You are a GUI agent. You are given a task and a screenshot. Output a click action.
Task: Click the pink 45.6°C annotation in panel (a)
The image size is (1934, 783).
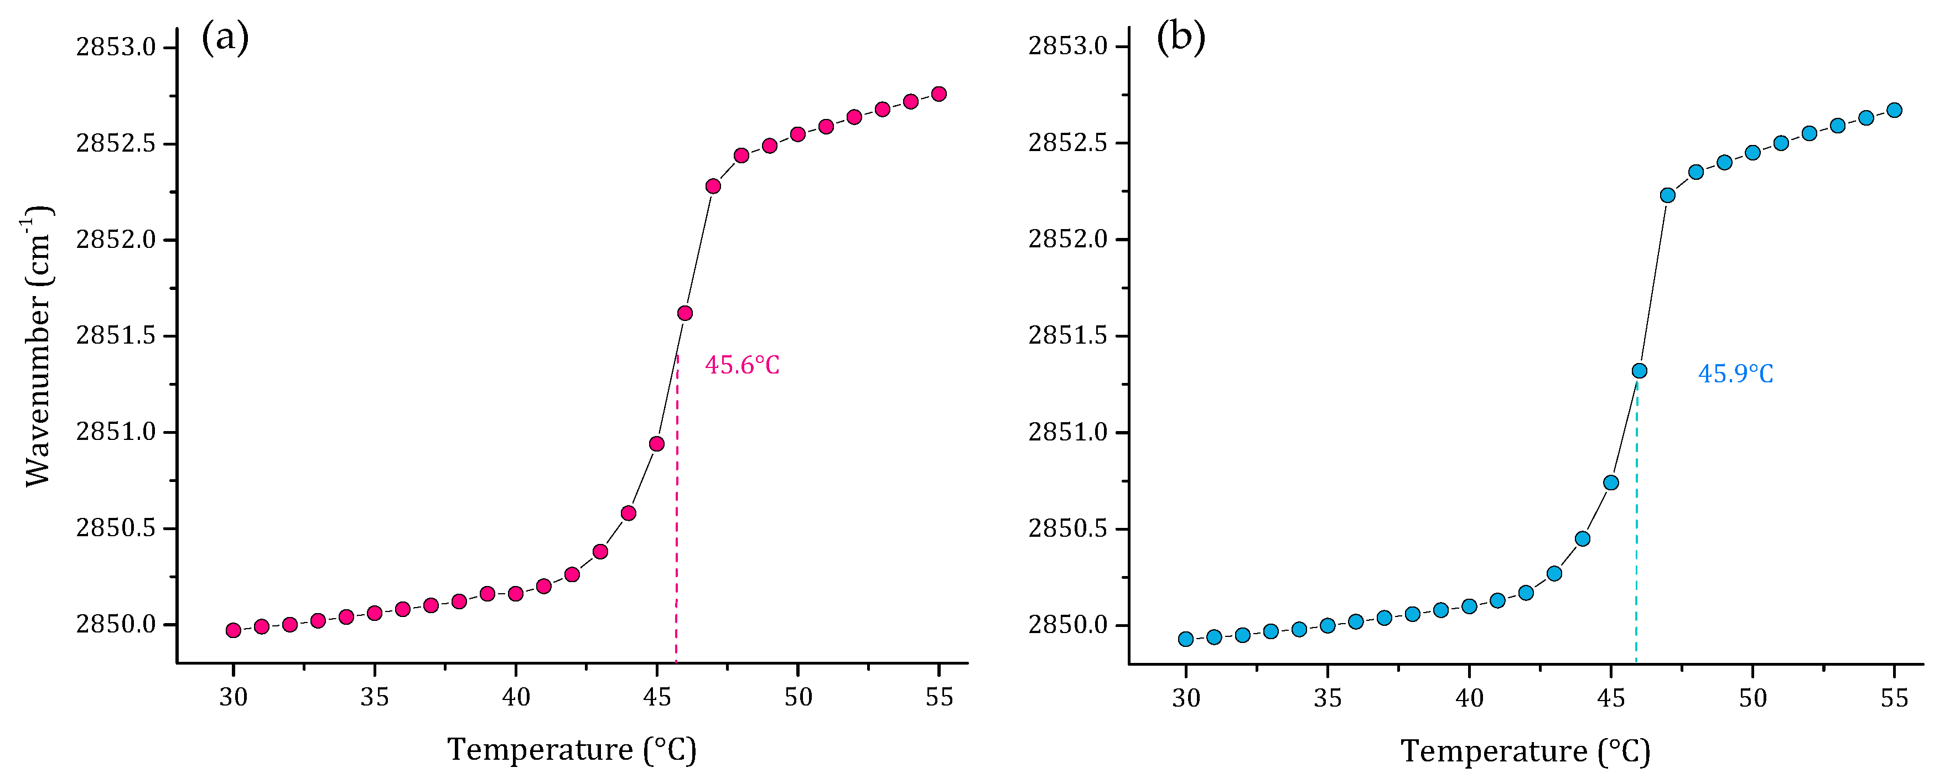[x=742, y=366]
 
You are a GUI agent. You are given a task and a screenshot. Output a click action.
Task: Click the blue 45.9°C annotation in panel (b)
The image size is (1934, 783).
[x=1735, y=374]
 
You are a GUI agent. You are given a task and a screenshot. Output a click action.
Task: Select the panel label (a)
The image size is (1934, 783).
[x=225, y=38]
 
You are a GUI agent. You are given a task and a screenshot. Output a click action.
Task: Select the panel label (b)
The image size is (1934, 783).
[x=1180, y=38]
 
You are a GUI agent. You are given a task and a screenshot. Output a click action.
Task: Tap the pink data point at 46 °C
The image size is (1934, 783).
[x=685, y=313]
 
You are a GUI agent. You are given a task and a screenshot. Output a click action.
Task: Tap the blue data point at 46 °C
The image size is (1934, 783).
[x=1640, y=371]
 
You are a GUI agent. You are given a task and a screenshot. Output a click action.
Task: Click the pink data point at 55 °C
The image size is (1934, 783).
[x=939, y=94]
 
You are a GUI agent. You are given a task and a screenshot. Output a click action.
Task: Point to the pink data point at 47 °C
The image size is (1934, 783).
[x=713, y=186]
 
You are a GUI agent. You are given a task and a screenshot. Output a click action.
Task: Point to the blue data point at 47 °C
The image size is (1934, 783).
[x=1667, y=195]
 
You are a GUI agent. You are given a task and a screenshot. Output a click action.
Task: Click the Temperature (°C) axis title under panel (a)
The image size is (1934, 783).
[x=572, y=750]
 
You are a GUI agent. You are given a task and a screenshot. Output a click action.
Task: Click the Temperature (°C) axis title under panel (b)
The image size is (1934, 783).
[x=1525, y=751]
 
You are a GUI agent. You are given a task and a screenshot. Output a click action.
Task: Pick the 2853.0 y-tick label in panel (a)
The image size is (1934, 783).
[x=116, y=47]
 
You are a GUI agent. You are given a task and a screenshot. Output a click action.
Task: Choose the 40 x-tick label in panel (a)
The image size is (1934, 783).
[x=516, y=697]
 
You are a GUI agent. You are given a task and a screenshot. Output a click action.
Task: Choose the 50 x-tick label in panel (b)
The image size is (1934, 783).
[x=1753, y=698]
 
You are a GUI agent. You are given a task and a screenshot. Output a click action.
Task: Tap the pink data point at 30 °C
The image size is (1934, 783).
[x=234, y=630]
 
